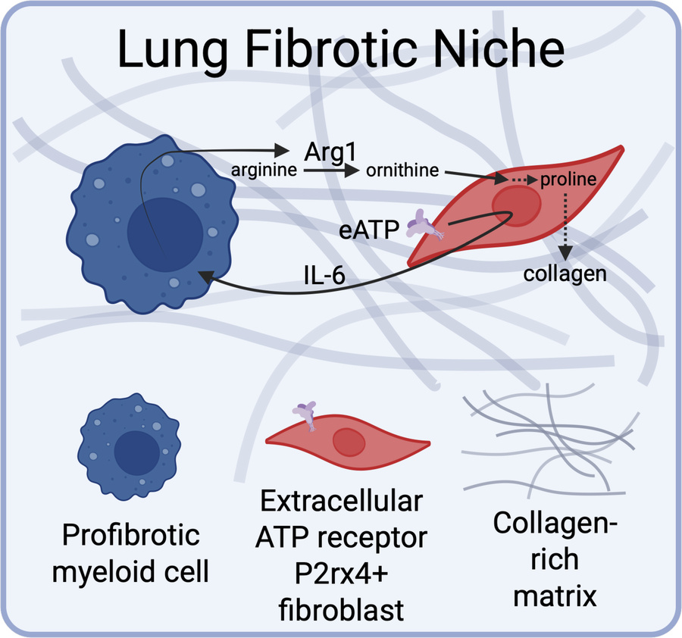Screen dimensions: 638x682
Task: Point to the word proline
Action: coord(568,180)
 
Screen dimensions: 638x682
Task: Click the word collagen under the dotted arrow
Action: coord(565,274)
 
